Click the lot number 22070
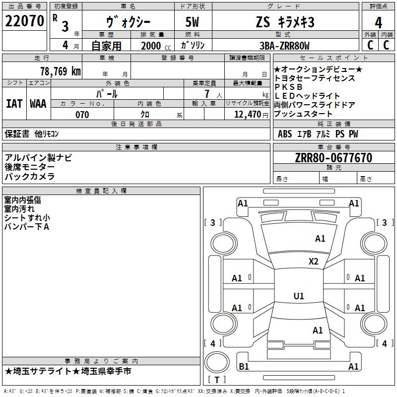click(x=24, y=21)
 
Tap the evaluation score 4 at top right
click(x=378, y=23)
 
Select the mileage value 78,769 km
click(x=60, y=71)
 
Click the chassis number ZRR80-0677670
click(x=333, y=158)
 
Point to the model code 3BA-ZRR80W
click(x=284, y=46)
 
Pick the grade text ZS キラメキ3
click(x=285, y=22)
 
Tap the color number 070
click(x=82, y=115)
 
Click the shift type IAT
click(x=14, y=104)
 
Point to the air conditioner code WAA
click(x=38, y=104)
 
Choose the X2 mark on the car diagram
click(x=313, y=262)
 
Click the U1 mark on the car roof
click(x=298, y=296)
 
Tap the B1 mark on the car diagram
click(x=244, y=367)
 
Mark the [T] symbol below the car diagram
click(x=216, y=380)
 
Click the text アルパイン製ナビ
click(x=38, y=157)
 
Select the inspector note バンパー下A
click(x=27, y=227)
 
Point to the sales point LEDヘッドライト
click(x=307, y=96)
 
